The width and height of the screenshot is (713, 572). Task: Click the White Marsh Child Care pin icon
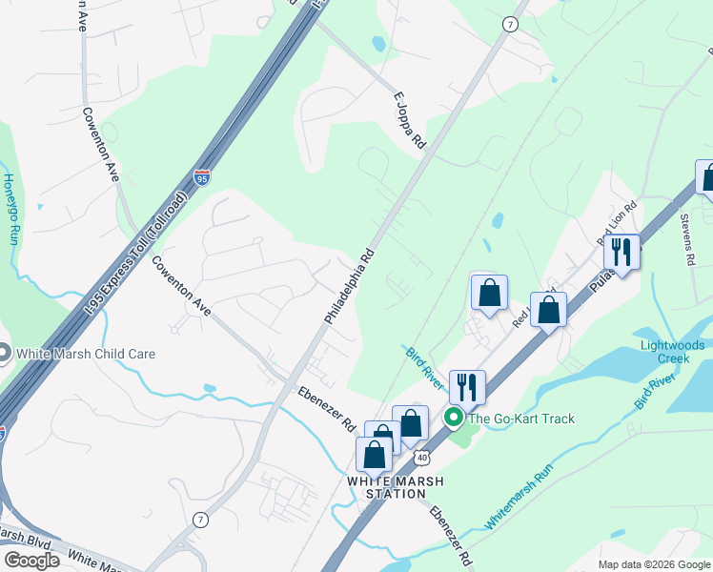pyautogui.click(x=3, y=354)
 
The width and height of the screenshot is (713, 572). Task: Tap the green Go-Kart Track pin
pyautogui.click(x=455, y=418)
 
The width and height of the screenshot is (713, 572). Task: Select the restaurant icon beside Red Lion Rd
pyautogui.click(x=621, y=253)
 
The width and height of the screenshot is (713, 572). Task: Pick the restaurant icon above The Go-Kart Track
pyautogui.click(x=467, y=387)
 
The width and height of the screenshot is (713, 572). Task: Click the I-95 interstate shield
pyautogui.click(x=201, y=177)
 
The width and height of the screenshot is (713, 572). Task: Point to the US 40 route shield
pyautogui.click(x=421, y=459)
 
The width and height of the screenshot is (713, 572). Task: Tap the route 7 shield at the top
pyautogui.click(x=511, y=25)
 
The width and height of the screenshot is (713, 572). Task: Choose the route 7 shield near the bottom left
pyautogui.click(x=200, y=520)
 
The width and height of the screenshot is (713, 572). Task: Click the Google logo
pyautogui.click(x=31, y=561)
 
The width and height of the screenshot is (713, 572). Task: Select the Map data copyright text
pyautogui.click(x=654, y=564)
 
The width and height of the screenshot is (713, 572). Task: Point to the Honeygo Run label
pyautogui.click(x=10, y=209)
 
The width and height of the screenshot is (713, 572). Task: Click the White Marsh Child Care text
pyautogui.click(x=86, y=354)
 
